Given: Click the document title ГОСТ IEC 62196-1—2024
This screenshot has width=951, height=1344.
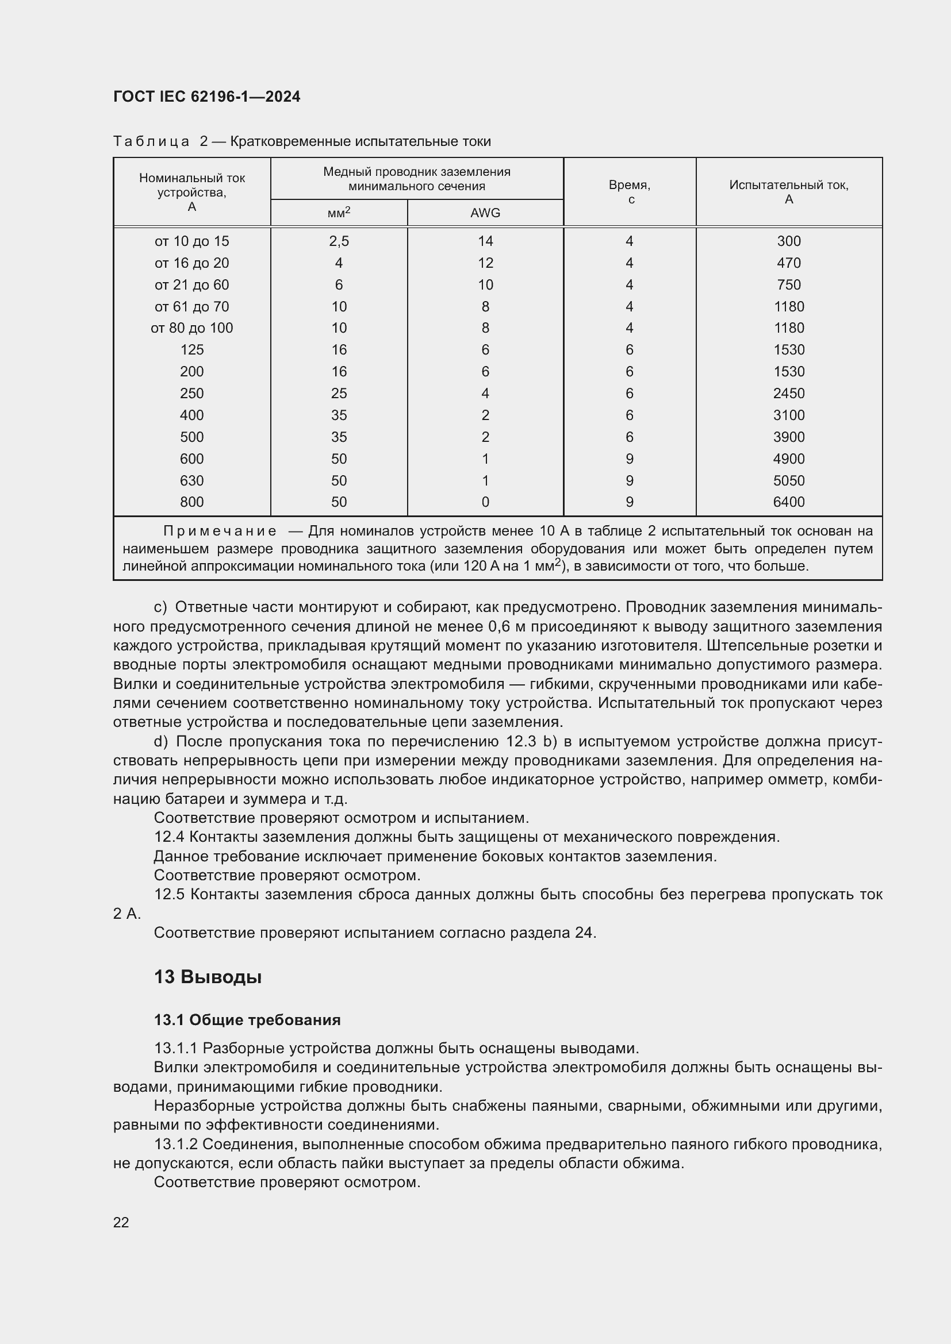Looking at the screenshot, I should tap(207, 97).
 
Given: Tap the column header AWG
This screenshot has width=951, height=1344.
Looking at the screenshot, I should tap(485, 213).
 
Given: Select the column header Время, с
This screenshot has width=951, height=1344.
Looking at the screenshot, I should tap(630, 192).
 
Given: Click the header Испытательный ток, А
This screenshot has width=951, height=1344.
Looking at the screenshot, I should tap(789, 192).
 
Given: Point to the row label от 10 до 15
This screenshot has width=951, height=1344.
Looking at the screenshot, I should tap(191, 241).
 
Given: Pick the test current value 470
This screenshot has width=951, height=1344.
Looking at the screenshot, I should tap(789, 263).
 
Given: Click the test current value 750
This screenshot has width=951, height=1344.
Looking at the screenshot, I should tap(789, 285).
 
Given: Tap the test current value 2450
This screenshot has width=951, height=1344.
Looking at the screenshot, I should tap(789, 394).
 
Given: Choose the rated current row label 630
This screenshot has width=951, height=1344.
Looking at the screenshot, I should tap(191, 480).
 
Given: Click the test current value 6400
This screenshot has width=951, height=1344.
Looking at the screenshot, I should tap(789, 502).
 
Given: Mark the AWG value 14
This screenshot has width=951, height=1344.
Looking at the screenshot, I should tap(485, 241).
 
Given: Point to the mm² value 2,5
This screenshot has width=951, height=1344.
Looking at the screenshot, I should tap(339, 241).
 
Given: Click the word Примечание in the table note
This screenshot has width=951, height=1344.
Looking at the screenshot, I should tap(220, 532).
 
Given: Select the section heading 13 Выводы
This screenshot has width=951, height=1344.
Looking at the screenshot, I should tap(208, 977).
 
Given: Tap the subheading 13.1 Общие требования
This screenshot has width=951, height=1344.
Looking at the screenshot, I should tap(247, 1020).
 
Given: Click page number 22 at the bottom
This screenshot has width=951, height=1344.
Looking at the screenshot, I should tap(121, 1222).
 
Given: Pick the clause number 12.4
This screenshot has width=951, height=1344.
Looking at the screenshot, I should tap(169, 837).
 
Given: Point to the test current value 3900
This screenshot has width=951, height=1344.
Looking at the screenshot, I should tap(789, 437).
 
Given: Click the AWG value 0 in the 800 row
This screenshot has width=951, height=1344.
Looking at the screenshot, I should tap(485, 502).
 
